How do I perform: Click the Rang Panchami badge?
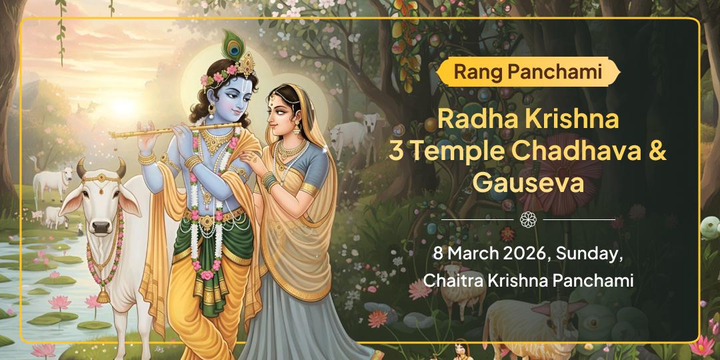click(x=527, y=71)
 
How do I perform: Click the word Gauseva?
click(x=527, y=181)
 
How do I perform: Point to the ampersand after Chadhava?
click(x=657, y=152)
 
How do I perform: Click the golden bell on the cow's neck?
click(x=105, y=293)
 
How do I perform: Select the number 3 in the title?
click(x=396, y=152)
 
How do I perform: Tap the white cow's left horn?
click(x=82, y=166)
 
